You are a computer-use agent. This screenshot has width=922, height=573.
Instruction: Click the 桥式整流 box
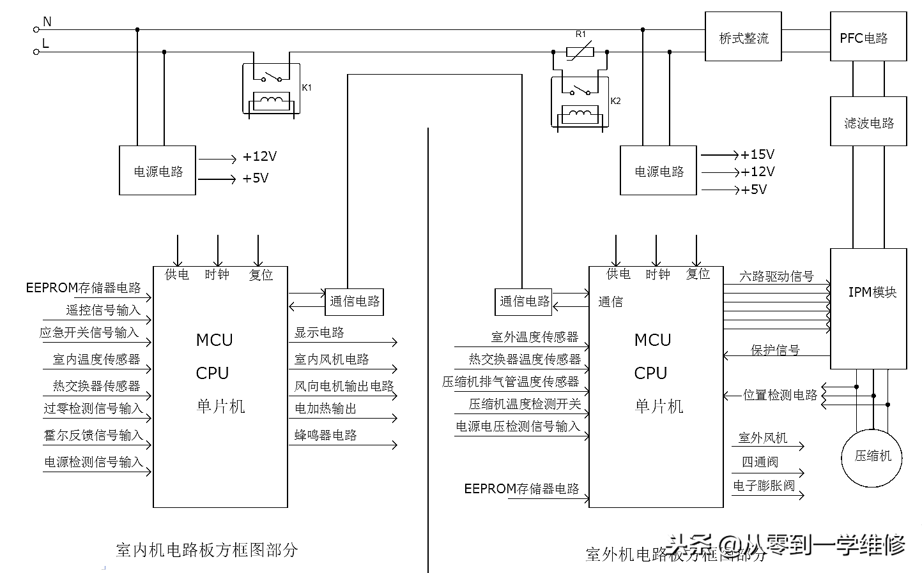[743, 38]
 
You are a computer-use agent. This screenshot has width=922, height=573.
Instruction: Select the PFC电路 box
[868, 38]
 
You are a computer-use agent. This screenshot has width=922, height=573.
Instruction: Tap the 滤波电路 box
[868, 123]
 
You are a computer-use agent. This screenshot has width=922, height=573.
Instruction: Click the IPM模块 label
[872, 292]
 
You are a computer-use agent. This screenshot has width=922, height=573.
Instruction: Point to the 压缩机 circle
[873, 456]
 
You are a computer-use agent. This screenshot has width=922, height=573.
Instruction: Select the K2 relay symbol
[580, 102]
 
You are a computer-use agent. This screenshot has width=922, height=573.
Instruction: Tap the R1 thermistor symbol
[580, 51]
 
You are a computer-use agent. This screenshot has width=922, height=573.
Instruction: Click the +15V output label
[757, 154]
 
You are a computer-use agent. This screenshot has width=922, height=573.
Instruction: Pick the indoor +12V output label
[259, 157]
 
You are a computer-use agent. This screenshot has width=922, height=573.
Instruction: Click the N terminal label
[47, 22]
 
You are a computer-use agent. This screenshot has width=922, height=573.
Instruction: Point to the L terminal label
[46, 43]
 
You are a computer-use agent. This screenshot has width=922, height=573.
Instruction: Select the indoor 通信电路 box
[355, 301]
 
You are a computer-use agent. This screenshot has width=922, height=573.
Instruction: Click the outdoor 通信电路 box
[524, 302]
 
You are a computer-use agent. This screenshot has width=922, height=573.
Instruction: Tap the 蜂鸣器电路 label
[325, 435]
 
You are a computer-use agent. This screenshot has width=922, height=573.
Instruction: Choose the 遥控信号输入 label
[103, 310]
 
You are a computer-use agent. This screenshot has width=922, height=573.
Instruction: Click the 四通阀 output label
[760, 462]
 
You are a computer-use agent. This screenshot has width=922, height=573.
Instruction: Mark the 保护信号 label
[774, 350]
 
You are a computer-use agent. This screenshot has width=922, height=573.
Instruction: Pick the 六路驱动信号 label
[776, 276]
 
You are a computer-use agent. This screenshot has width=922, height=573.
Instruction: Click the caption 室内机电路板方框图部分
[207, 550]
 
